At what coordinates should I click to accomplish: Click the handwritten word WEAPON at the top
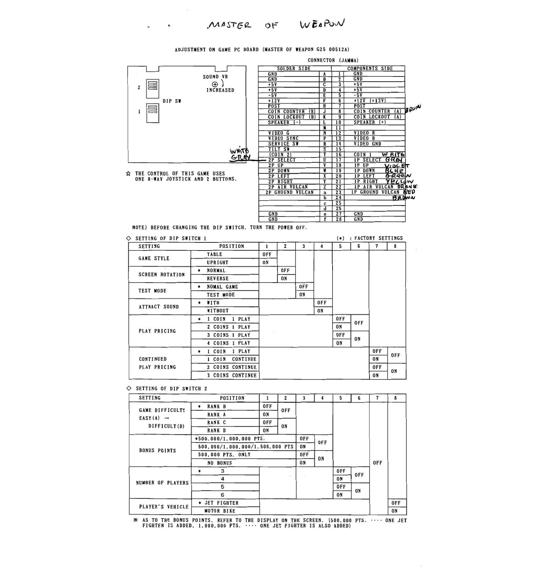click(x=322, y=25)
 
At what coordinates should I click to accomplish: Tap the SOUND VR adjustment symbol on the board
click(x=215, y=84)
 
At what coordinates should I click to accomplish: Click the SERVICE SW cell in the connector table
click(x=283, y=144)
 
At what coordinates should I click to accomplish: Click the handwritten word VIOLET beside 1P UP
click(x=396, y=166)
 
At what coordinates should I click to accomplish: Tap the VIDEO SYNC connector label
click(x=283, y=139)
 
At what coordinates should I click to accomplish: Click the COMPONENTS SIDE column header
click(x=369, y=69)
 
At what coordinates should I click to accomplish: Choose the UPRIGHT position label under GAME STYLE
click(x=217, y=263)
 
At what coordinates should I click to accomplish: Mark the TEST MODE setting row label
click(x=152, y=291)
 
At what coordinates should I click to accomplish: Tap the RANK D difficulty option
click(x=216, y=431)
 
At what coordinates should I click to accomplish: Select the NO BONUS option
click(x=219, y=463)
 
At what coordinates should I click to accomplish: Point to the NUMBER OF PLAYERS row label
click(x=162, y=483)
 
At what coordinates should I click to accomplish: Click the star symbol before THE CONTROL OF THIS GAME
click(x=128, y=174)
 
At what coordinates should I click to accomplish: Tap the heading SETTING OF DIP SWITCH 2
click(x=171, y=389)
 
